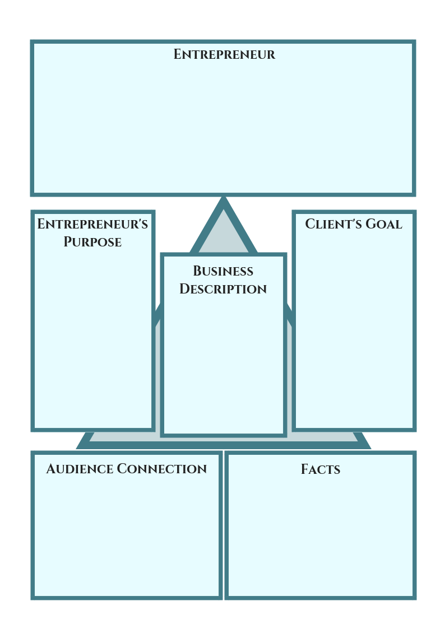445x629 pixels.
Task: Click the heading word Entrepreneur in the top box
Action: pos(224,54)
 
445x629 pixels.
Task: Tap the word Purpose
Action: pos(92,242)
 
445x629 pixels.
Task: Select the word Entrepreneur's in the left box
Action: pos(92,224)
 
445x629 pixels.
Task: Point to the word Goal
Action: pos(384,224)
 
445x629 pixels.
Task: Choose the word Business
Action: pos(223,271)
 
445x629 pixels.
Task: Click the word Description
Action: pos(223,289)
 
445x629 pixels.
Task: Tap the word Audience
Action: pos(79,469)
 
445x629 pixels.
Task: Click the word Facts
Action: pos(321,469)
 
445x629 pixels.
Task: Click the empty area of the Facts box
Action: pos(321,538)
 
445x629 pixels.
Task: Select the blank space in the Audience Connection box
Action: pos(127,538)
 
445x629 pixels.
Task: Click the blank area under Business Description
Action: pos(223,364)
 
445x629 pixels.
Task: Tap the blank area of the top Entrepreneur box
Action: pos(223,129)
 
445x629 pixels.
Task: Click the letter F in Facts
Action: pos(305,469)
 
